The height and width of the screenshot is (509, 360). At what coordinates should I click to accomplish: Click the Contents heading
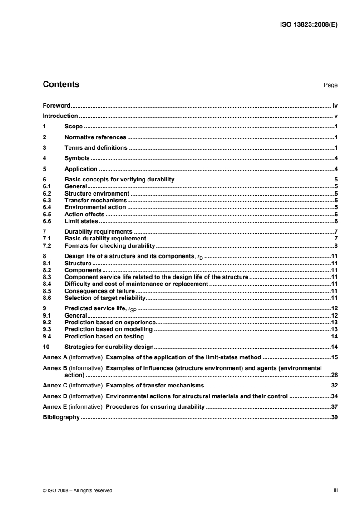point(60,84)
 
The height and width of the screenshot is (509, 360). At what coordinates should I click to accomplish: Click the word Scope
point(74,127)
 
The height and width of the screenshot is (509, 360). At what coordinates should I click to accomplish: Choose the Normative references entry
point(95,137)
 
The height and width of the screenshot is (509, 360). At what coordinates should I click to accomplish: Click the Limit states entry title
point(81,221)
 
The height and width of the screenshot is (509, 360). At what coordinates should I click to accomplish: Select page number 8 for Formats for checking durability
point(336,245)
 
